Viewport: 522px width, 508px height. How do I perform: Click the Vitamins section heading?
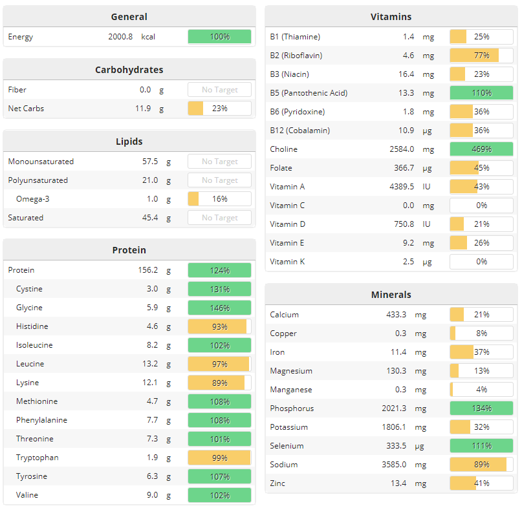(391, 17)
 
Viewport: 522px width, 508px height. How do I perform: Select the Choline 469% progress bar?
(481, 149)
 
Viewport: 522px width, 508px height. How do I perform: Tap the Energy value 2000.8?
(120, 37)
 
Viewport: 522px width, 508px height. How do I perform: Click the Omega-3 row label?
(33, 199)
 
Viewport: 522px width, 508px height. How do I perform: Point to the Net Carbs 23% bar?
(219, 109)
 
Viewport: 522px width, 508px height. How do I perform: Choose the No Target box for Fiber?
(219, 90)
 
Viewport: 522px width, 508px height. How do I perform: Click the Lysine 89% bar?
(219, 383)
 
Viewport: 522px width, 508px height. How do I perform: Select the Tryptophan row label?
(38, 458)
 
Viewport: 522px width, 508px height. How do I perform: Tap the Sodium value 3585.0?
(393, 465)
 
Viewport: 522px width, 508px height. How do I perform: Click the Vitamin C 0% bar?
(481, 206)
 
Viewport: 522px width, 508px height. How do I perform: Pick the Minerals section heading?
(391, 295)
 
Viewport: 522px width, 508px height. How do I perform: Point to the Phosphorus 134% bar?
(481, 408)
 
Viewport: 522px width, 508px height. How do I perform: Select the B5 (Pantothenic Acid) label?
(309, 93)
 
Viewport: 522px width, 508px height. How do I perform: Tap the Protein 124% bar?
(219, 270)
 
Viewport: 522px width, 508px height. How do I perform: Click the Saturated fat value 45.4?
(150, 218)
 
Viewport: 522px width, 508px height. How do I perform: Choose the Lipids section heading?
(129, 142)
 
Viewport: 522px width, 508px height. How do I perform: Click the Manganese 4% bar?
(481, 390)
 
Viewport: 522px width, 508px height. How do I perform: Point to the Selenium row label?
(287, 446)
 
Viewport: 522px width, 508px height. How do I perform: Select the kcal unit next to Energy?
(148, 37)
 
